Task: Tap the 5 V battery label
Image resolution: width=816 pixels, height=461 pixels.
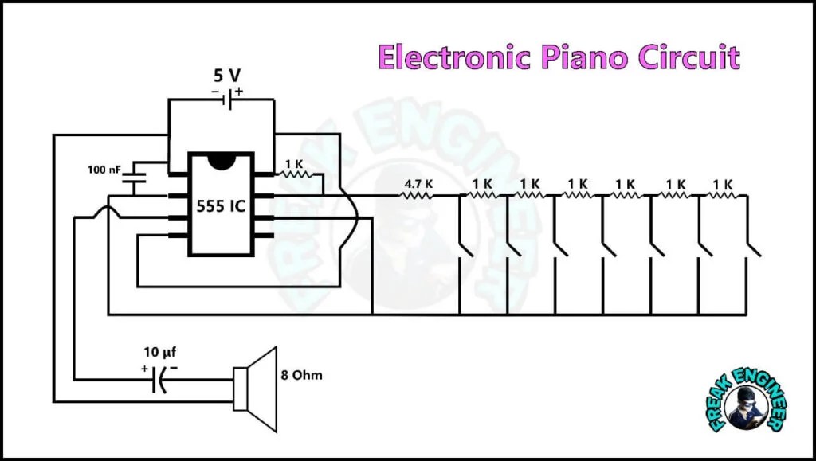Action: [227, 76]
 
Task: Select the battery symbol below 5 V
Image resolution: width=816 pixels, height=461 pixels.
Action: [228, 100]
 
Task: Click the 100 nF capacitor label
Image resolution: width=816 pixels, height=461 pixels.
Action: [104, 170]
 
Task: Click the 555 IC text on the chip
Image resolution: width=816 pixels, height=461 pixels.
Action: [221, 206]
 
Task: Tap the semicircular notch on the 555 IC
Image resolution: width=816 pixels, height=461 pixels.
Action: [222, 162]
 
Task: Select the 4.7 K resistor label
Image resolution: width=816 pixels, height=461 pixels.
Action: [418, 184]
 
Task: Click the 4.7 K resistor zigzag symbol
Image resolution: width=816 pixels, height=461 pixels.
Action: [416, 195]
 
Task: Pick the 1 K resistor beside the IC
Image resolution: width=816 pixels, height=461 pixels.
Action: [298, 174]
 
